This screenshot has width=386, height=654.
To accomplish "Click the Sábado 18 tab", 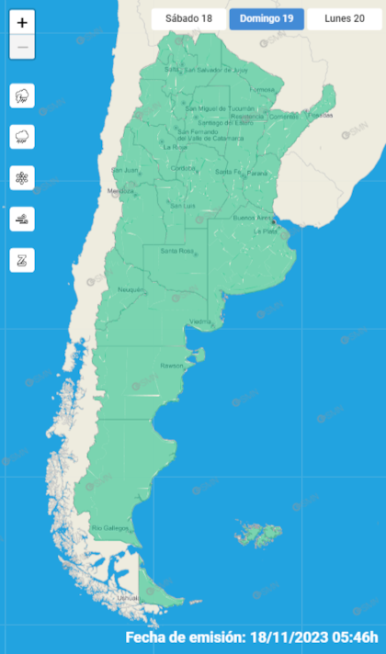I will pyautogui.click(x=188, y=18).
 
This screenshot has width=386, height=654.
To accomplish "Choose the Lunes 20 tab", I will pyautogui.click(x=344, y=18).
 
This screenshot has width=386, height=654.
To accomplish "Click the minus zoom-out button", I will pyautogui.click(x=22, y=47).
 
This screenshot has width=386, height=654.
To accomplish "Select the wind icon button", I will pyautogui.click(x=22, y=219).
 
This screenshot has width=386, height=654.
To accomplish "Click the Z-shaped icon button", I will pyautogui.click(x=22, y=260).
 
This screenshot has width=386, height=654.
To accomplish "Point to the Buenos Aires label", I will pyautogui.click(x=253, y=218).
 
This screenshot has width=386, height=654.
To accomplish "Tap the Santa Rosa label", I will pyautogui.click(x=175, y=251).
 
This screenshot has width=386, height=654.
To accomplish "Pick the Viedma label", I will pyautogui.click(x=199, y=321).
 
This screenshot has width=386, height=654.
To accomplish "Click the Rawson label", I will pyautogui.click(x=172, y=366).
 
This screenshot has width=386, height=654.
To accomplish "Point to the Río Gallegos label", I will pyautogui.click(x=108, y=528).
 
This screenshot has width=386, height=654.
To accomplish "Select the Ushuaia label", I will pyautogui.click(x=128, y=598).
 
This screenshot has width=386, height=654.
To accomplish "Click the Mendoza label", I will pyautogui.click(x=120, y=191).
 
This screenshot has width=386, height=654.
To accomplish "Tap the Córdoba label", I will pyautogui.click(x=184, y=168).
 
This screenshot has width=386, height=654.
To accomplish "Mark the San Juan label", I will pyautogui.click(x=124, y=170).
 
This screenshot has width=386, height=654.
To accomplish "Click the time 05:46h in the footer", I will pyautogui.click(x=349, y=637).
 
